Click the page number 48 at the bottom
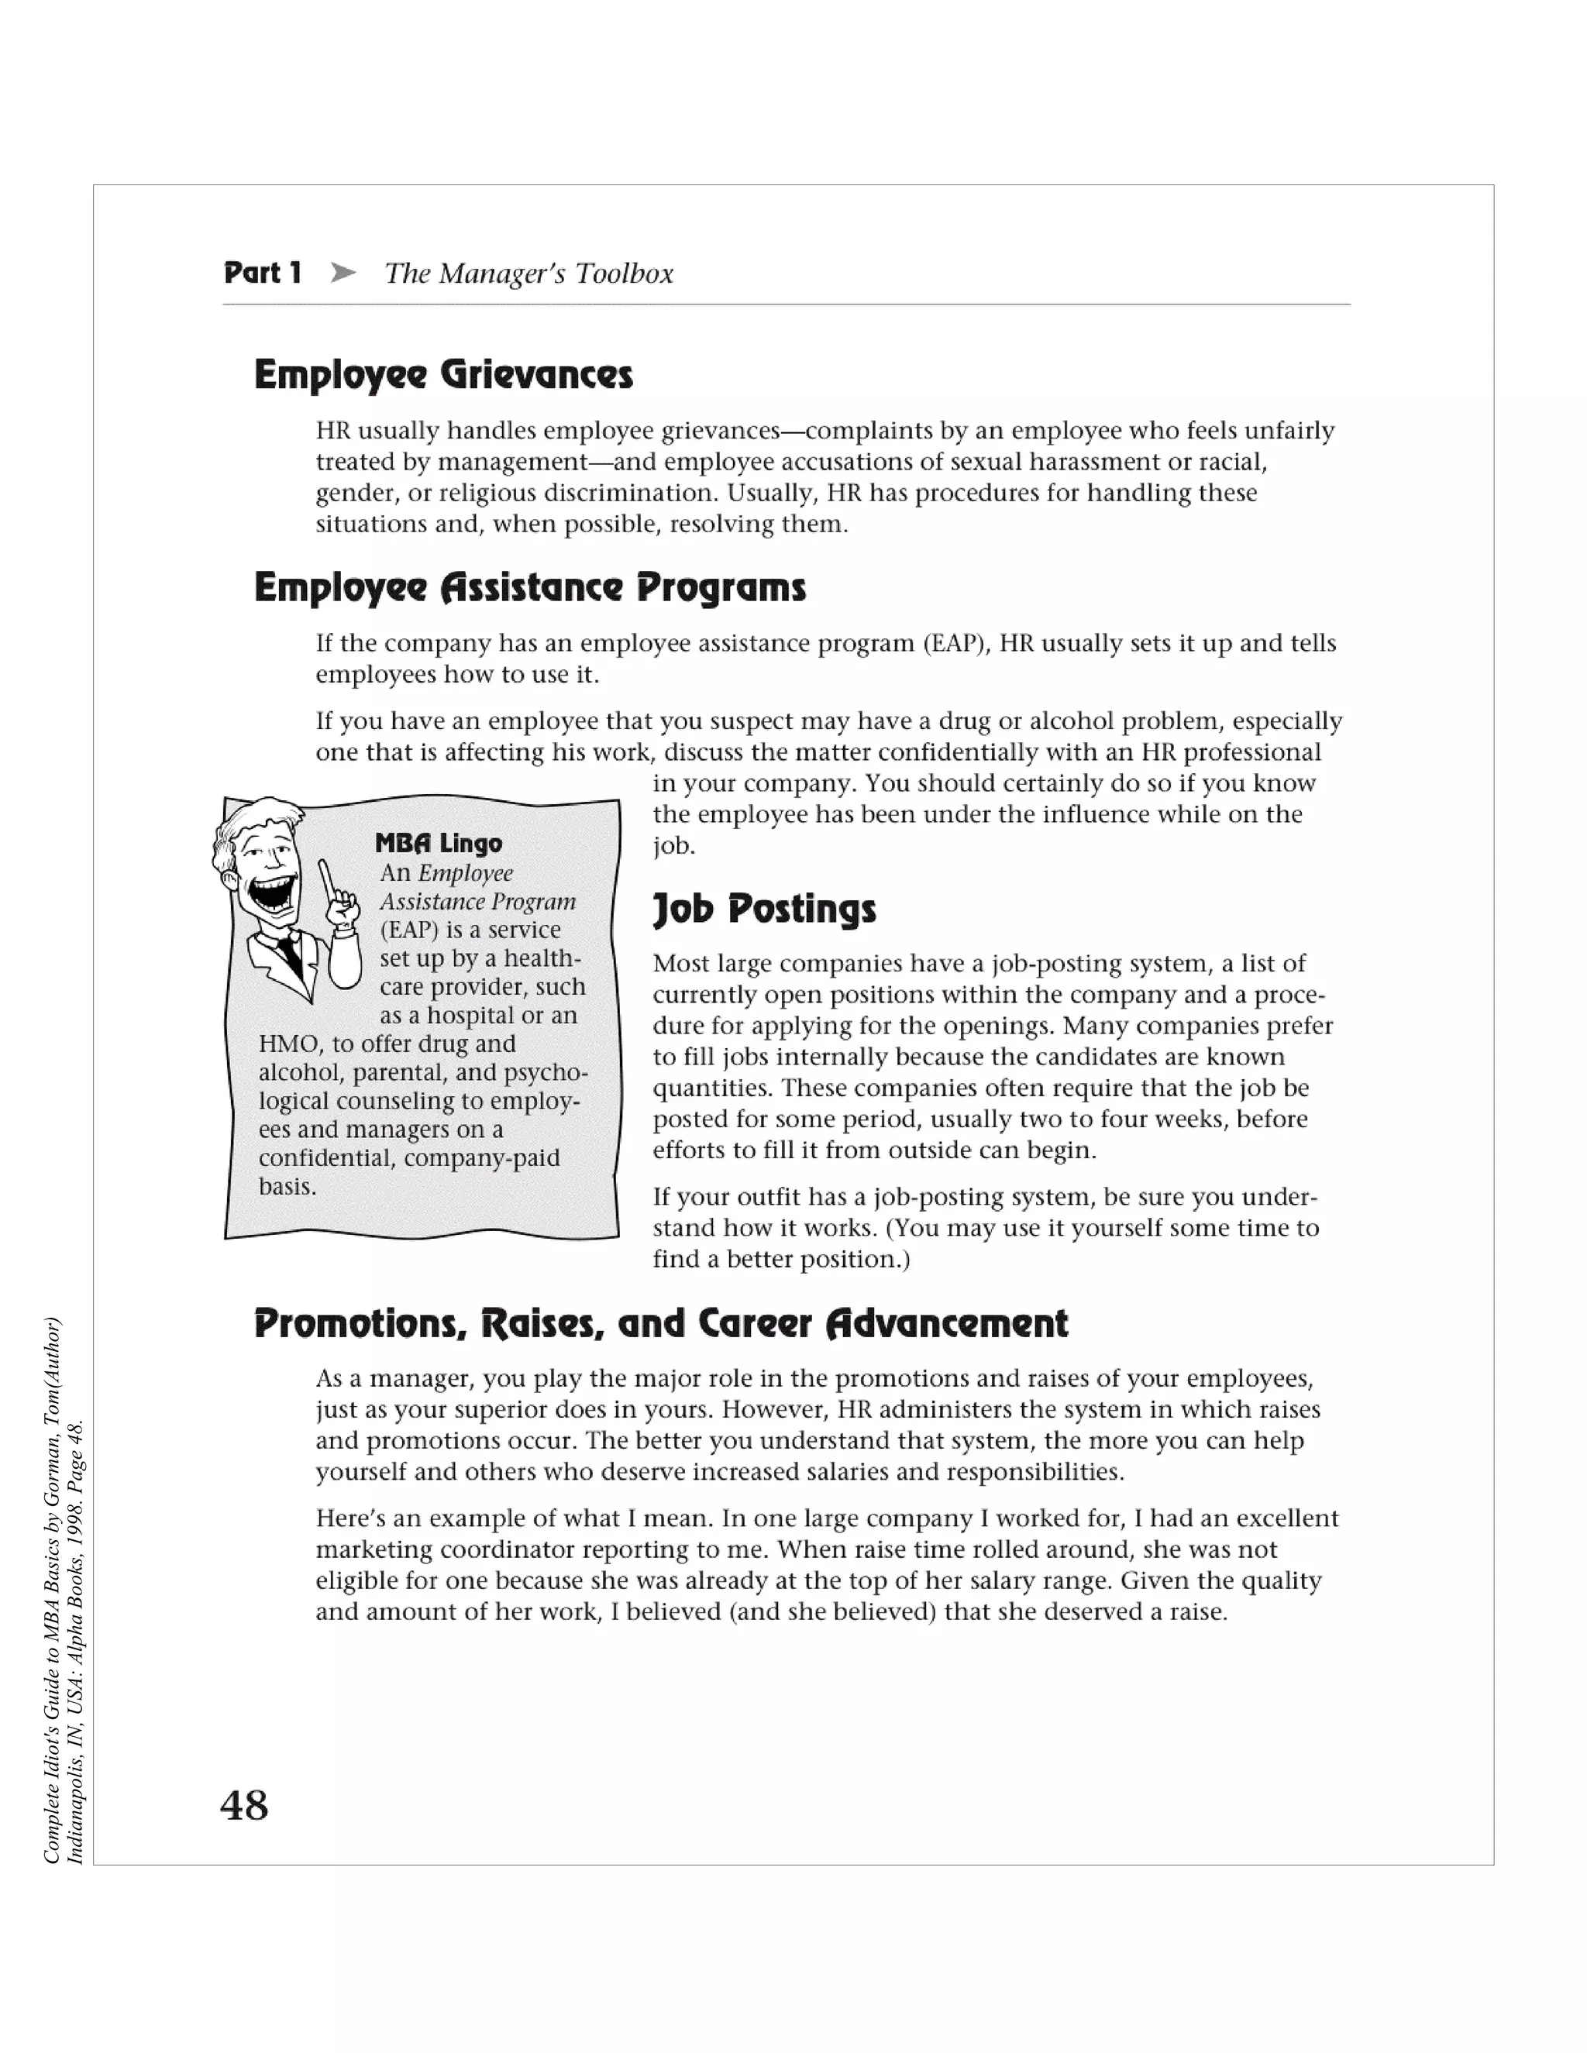244,1806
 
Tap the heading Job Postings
763,909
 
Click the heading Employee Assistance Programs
530,589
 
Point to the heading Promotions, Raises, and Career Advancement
661,1323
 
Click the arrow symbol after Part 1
343,273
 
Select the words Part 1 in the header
263,273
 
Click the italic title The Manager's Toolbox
529,273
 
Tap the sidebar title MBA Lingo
438,843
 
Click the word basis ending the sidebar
287,1186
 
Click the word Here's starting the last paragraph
349,1519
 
